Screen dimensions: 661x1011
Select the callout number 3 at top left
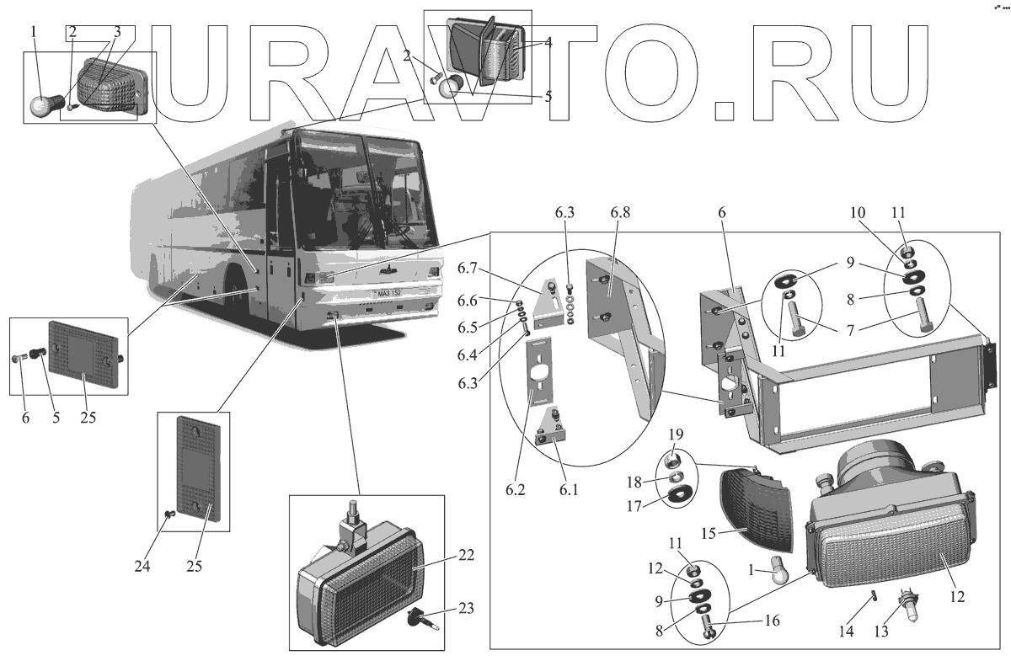point(117,33)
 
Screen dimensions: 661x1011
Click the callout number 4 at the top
point(548,41)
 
